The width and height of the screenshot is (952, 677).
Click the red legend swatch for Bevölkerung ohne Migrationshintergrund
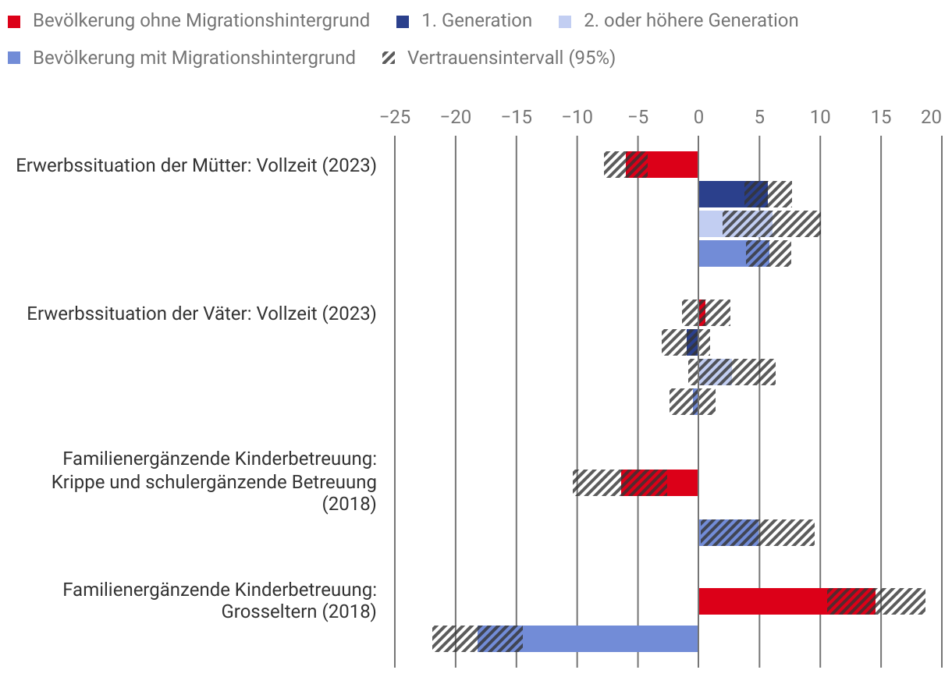14,21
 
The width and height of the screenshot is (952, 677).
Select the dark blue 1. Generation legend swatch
402,21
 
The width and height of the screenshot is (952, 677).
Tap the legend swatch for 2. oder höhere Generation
567,21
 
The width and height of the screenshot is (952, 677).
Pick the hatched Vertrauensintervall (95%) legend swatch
389,58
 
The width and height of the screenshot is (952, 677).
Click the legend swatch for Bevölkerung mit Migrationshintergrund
14,58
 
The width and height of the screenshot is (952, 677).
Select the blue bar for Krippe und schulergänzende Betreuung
729,533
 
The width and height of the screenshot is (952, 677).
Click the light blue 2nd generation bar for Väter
715,372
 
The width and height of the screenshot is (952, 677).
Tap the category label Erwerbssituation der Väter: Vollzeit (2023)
201,314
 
